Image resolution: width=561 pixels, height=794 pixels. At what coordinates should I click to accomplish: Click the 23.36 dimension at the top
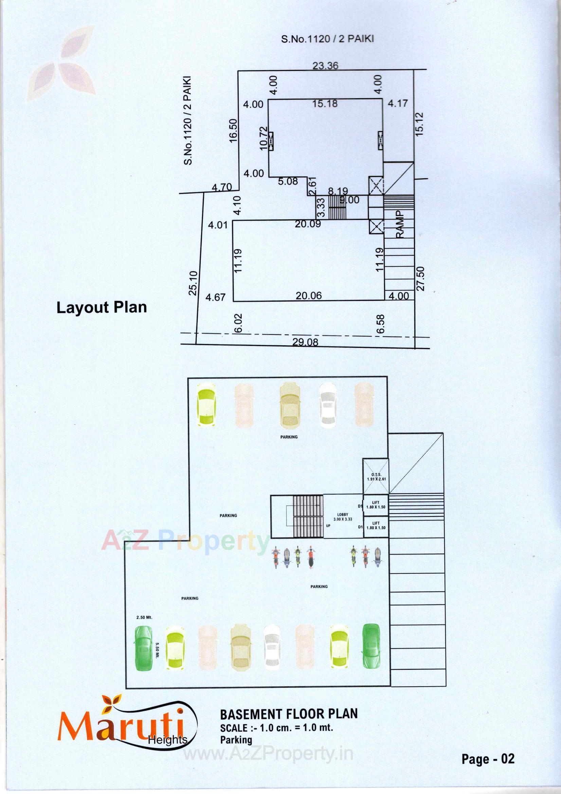tap(325, 65)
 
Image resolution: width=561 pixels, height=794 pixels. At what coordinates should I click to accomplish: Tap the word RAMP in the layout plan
tap(400, 224)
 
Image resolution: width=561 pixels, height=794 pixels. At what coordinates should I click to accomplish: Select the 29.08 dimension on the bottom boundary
tap(305, 342)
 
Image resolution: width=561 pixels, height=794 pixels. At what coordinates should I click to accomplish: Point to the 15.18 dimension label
tap(325, 103)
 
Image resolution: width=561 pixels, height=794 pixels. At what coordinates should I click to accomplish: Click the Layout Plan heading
tap(102, 307)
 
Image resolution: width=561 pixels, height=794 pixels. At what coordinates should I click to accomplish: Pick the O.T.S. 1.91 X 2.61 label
tap(376, 477)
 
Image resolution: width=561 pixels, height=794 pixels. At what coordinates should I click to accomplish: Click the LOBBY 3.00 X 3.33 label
tap(343, 517)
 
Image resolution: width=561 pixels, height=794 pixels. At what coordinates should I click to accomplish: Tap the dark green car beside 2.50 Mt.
tap(143, 649)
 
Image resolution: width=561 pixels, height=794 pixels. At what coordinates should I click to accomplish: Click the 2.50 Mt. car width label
tap(144, 617)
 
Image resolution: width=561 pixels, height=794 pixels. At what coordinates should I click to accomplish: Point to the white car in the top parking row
tap(327, 404)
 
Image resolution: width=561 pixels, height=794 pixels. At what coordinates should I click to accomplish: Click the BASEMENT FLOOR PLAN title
tap(289, 714)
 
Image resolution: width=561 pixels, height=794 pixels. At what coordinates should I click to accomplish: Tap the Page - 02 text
tap(488, 758)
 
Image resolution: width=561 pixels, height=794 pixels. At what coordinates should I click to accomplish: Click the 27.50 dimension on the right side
tap(421, 278)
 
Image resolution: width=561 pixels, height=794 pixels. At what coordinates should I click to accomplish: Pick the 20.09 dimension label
tap(307, 224)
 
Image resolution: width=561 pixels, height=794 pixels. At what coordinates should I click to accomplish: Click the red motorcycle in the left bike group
tap(311, 557)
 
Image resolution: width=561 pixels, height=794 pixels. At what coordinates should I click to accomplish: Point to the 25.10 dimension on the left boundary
tap(193, 283)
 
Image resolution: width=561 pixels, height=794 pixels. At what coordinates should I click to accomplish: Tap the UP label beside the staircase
tap(328, 525)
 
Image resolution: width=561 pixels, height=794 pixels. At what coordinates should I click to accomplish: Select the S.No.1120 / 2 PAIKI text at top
tap(327, 39)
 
